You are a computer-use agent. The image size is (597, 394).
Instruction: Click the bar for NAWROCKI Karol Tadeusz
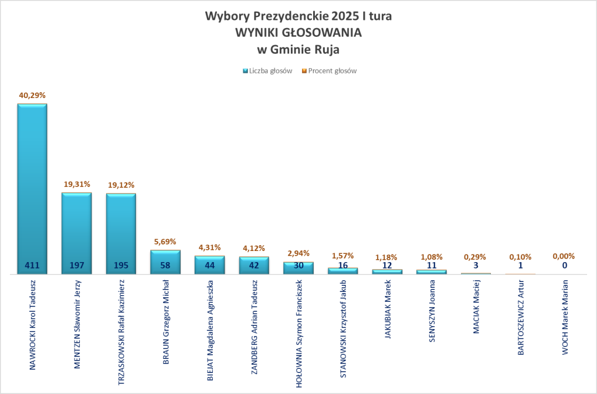[x=32, y=187]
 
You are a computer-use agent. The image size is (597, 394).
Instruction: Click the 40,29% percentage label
[x=32, y=95]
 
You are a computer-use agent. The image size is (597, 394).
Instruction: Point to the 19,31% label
[x=76, y=184]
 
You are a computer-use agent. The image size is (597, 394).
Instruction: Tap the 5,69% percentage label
[x=165, y=241]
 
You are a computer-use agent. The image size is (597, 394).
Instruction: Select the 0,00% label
[x=564, y=256]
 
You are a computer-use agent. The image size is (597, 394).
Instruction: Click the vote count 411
[x=32, y=265]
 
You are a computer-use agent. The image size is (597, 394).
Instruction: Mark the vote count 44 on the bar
[x=209, y=265]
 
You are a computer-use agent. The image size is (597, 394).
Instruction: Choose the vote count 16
[x=342, y=265]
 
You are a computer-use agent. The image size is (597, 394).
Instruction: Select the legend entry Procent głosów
[x=329, y=71]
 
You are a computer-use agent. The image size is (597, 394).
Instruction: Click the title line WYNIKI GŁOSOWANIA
[x=298, y=33]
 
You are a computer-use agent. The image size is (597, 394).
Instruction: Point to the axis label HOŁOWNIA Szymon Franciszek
[x=299, y=329]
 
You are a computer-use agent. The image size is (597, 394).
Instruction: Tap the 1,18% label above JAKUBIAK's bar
[x=387, y=257]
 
